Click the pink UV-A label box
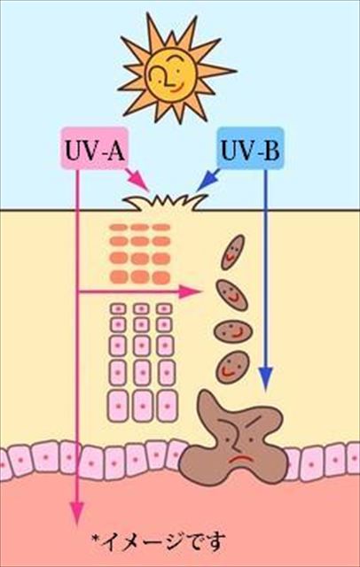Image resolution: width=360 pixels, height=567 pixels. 94,148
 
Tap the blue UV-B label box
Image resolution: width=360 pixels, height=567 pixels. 250,148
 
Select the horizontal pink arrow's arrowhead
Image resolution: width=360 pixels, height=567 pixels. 190,291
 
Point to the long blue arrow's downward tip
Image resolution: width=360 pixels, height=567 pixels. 266,391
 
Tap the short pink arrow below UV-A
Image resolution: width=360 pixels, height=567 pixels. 137,180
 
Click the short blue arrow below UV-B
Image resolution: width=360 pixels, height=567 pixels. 208,180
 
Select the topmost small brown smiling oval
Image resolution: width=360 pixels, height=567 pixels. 232,252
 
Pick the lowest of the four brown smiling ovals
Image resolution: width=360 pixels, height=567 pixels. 232,367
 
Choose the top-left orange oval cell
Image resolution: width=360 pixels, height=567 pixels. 119,227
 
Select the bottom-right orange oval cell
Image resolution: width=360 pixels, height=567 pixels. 161,277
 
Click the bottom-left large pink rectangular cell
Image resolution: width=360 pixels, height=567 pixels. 118,406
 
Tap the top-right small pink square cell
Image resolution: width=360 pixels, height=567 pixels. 164,309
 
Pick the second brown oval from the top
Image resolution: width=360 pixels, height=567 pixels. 232,295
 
